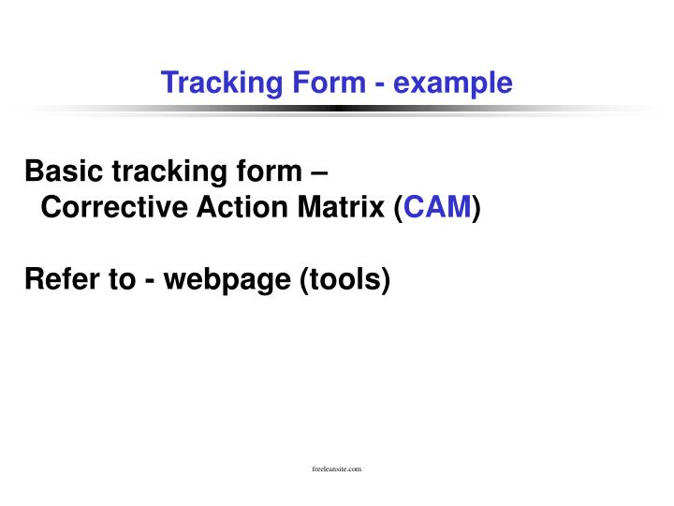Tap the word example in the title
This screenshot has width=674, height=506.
pos(453,83)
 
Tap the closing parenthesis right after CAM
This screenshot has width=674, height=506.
pos(476,208)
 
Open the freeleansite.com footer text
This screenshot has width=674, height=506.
pos(336,468)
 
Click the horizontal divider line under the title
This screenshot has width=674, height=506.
pos(337,109)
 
